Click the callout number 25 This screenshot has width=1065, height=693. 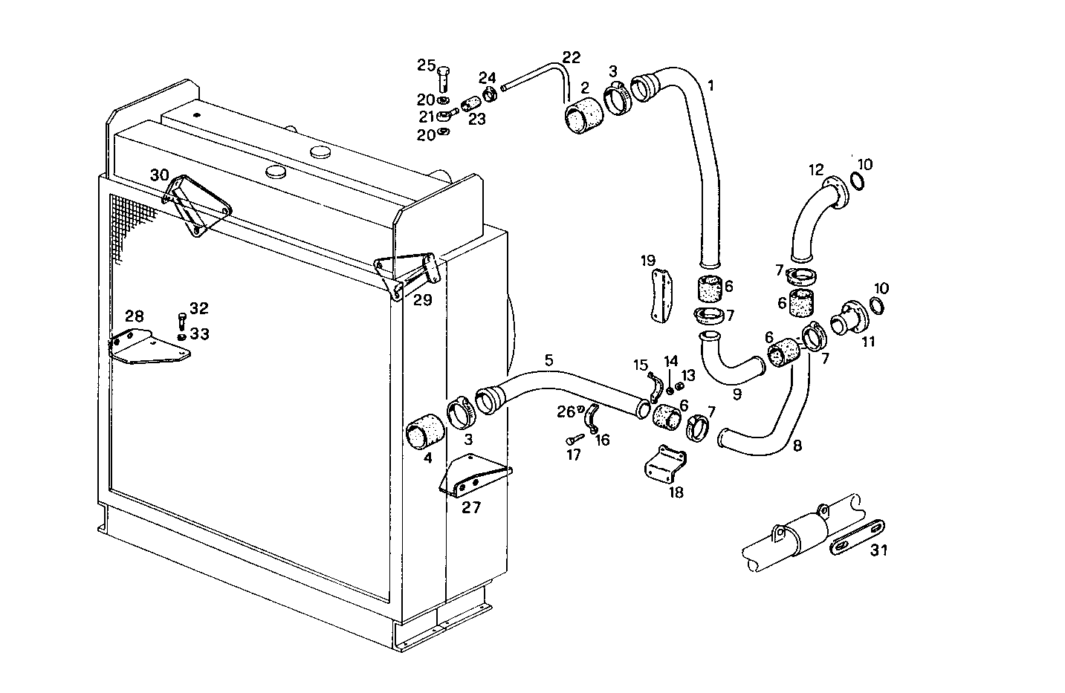coord(426,65)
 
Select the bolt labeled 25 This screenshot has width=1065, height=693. coord(444,78)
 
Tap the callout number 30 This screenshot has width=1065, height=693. coord(159,175)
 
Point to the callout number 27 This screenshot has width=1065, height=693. coord(471,508)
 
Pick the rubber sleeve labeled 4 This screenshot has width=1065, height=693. coord(426,433)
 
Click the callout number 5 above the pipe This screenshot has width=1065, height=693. coord(548,360)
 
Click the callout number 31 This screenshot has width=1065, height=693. coord(879,550)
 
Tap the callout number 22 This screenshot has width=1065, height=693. coord(571,57)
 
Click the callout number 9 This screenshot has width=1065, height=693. coord(737,394)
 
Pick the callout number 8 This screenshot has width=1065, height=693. coord(797,447)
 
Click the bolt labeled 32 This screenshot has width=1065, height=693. coord(182,320)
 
